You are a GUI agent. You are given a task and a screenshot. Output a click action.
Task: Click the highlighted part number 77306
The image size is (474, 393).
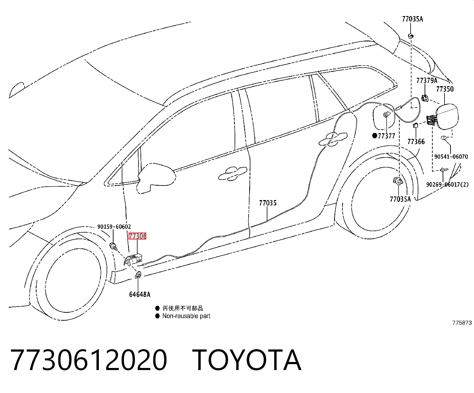pos(137,236)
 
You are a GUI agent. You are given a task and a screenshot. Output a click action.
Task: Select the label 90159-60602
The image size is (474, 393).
pos(114,227)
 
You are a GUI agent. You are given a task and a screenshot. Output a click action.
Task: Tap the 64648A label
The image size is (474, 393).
pos(140,295)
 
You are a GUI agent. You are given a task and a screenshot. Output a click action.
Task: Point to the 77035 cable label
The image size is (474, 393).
pos(268,203)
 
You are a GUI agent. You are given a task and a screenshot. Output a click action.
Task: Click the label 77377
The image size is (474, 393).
pos(386,136)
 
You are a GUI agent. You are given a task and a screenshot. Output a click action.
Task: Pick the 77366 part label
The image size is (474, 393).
pos(416,142)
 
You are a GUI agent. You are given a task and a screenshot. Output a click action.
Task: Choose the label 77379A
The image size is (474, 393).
pos(427,80)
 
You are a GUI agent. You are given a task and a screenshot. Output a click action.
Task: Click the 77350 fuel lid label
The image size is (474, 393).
pos(445,89)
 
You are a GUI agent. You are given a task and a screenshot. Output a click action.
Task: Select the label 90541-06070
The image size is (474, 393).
pos(451,157)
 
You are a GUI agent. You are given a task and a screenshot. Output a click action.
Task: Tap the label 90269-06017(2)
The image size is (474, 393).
pos(448,185)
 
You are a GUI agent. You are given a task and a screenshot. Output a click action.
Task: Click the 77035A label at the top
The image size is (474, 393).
pos(412,19)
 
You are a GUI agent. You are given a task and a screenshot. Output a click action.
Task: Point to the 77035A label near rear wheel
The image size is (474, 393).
pos(400,199)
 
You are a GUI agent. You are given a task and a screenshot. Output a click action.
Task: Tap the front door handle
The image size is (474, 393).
pos(233,174)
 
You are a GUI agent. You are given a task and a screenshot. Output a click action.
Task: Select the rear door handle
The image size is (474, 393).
pos(333,139)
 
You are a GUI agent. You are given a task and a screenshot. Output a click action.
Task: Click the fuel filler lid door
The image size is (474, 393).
pos(447,117)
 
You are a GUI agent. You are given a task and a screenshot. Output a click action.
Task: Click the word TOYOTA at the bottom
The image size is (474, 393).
pos(247,360)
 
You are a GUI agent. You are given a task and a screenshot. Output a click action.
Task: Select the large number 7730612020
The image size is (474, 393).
pos(89,360)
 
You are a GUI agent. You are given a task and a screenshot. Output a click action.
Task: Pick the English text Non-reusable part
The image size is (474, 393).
pos(186,316)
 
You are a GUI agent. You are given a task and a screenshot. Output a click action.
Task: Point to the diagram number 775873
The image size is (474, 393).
pos(462,323)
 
